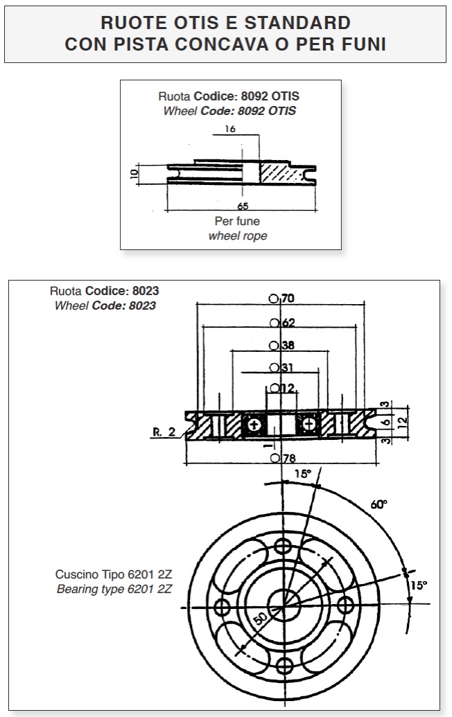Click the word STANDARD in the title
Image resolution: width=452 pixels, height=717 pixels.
point(297,22)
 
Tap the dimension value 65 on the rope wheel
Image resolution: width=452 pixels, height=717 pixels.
point(243,206)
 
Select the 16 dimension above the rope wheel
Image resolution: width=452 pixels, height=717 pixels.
point(230,129)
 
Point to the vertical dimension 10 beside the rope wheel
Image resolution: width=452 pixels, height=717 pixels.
point(134,173)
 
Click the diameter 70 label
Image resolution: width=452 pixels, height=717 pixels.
point(282,299)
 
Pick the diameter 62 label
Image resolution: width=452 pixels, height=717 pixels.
point(282,323)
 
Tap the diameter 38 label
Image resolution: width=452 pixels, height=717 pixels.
point(282,345)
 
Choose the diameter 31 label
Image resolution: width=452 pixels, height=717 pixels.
point(281,367)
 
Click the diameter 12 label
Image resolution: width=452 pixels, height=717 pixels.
point(282,388)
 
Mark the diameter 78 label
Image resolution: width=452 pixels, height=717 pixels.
point(283,458)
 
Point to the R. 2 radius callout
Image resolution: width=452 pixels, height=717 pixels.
point(164,432)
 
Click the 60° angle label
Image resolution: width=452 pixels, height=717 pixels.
point(379,504)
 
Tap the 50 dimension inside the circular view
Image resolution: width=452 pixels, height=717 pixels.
point(260,619)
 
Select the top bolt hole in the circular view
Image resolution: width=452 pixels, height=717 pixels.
point(283,546)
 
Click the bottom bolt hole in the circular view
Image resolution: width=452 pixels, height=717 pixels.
point(284,665)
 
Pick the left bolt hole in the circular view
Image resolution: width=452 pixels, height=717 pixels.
point(223,608)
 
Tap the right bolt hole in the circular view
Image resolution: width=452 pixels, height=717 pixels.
point(345,605)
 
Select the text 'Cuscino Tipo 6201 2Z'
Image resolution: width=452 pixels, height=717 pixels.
point(114,574)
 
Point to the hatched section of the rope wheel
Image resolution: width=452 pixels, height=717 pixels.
point(282,173)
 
